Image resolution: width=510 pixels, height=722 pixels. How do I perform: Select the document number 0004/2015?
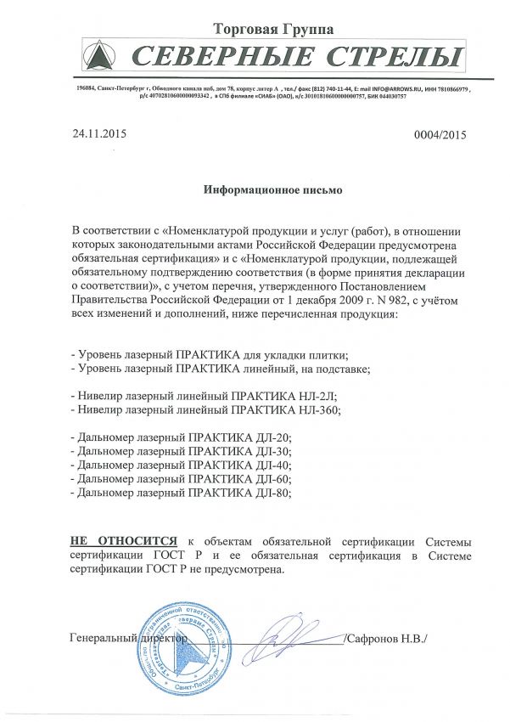pyautogui.click(x=440, y=135)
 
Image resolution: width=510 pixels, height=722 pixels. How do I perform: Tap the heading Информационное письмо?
pyautogui.click(x=272, y=190)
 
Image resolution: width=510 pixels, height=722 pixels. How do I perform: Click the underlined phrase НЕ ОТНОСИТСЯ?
pyautogui.click(x=124, y=540)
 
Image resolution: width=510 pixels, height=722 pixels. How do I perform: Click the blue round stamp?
pyautogui.click(x=185, y=647)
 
